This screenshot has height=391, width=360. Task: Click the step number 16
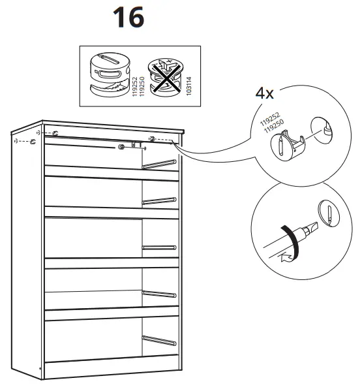[x=128, y=18]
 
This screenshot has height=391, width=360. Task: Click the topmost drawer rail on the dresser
[x=159, y=163]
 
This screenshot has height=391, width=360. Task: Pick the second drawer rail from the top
[x=159, y=200]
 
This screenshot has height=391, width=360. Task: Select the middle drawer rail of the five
[x=159, y=247]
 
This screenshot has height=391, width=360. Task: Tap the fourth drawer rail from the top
[x=159, y=294]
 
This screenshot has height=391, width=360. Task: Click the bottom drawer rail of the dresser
[x=159, y=340]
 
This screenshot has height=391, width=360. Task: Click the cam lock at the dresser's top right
[x=151, y=138]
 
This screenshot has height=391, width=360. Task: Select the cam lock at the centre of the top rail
[x=122, y=147]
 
